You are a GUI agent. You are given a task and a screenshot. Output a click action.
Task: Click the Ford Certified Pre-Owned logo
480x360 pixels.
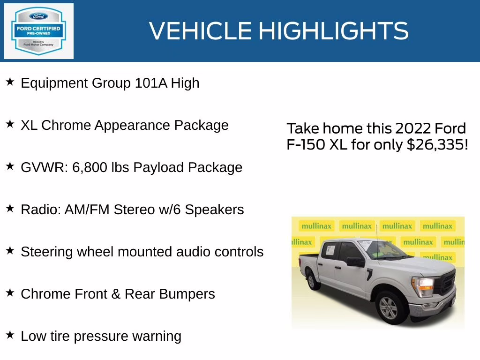38,31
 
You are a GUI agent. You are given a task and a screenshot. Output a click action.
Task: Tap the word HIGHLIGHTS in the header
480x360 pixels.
333,31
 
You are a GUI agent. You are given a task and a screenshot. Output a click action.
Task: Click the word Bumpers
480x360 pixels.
187,294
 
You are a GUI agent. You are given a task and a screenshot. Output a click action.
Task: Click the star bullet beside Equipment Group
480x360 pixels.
10,82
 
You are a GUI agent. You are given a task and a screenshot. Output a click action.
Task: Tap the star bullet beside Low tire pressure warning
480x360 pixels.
10,335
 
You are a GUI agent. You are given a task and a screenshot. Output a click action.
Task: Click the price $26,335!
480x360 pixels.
437,145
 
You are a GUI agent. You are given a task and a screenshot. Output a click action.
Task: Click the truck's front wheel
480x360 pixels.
388,307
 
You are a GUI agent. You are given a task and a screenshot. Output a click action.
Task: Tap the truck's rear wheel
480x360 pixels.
311,281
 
